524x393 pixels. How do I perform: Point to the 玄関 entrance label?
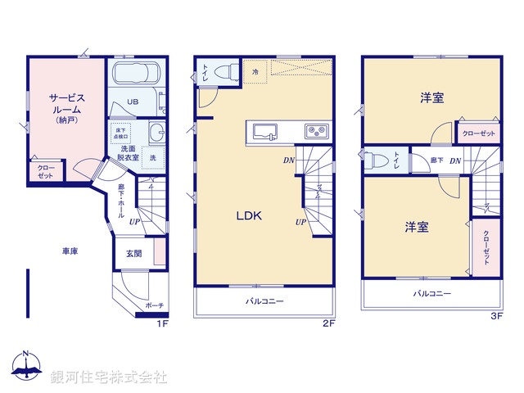pos(133,254)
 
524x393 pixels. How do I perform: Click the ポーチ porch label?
pos(154,305)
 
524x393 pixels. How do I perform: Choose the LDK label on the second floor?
pos(249,216)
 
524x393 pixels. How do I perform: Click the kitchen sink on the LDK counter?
pos(266,131)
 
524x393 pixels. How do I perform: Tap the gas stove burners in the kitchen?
pos(315,131)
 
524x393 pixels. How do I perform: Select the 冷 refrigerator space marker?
pos(255,72)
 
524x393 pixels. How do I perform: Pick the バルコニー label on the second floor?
pos(263,301)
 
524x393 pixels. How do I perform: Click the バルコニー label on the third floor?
pos(431,292)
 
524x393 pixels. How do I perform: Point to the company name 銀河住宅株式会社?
pos(108,377)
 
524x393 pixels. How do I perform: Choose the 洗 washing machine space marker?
pos(153,156)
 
